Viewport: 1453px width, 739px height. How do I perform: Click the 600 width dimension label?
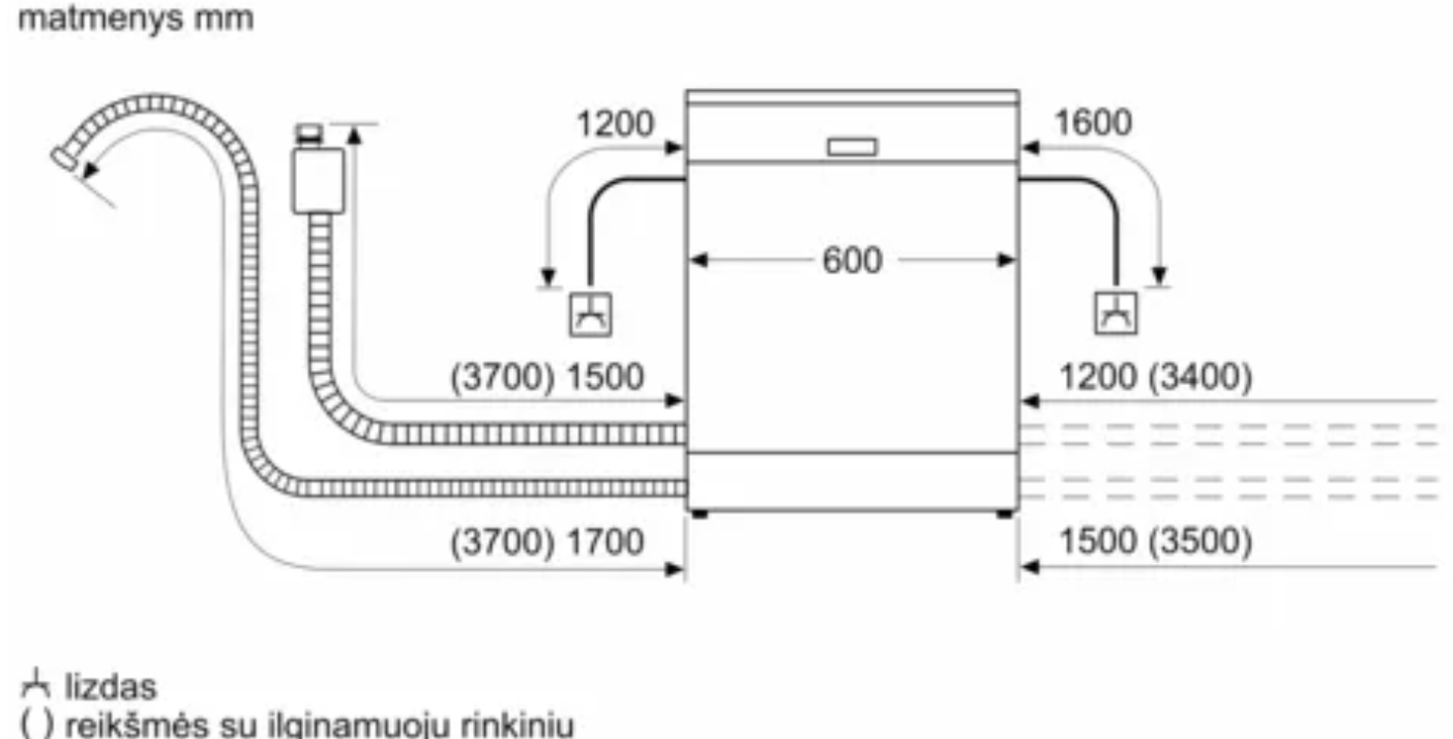(x=851, y=260)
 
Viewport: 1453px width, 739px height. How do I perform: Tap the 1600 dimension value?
(x=1093, y=122)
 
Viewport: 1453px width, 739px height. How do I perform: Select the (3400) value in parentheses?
(x=1201, y=376)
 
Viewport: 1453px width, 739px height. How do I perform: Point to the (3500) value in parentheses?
(x=1201, y=541)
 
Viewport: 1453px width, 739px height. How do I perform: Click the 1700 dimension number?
(x=604, y=542)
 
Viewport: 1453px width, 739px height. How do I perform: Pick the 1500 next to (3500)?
(x=1098, y=541)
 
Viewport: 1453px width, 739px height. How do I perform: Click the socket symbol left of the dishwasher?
(x=590, y=314)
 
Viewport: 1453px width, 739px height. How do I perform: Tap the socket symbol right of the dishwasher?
(x=1116, y=313)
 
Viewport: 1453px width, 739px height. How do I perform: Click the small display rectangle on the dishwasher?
(x=852, y=148)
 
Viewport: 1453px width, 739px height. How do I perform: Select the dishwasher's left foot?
(x=700, y=514)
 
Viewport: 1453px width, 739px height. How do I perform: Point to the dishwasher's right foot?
(x=1005, y=514)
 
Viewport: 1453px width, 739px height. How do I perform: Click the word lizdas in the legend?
(x=110, y=687)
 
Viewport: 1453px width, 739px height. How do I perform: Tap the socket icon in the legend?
(x=35, y=685)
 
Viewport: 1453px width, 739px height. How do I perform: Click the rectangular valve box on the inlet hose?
(x=318, y=181)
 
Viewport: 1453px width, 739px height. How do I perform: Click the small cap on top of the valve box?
(x=309, y=134)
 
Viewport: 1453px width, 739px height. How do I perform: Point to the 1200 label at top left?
(x=615, y=124)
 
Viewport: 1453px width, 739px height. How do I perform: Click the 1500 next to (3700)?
(x=604, y=377)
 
